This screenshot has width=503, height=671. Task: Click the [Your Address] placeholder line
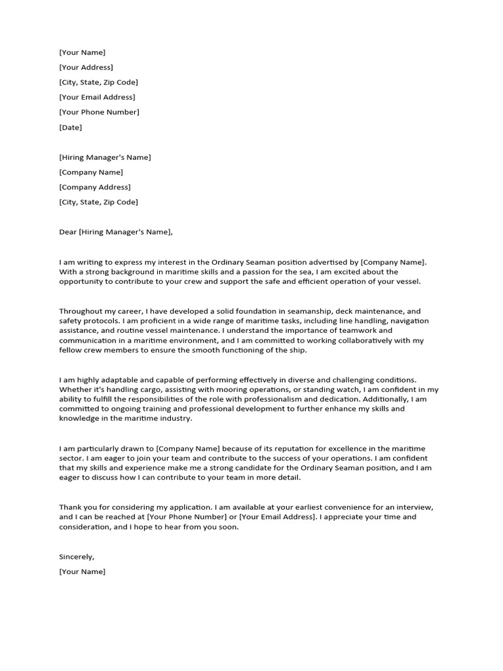click(x=86, y=67)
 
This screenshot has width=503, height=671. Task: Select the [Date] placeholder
click(x=70, y=127)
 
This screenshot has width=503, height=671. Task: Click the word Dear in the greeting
click(x=67, y=232)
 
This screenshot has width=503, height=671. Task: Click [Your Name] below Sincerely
click(x=82, y=571)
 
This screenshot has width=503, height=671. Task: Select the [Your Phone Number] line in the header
click(x=99, y=112)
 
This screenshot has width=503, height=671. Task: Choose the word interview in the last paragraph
click(x=413, y=507)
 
